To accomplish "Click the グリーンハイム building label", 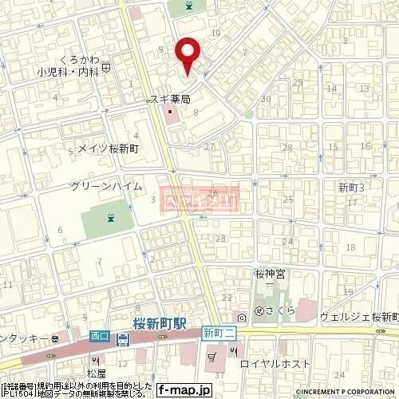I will pos(106,185).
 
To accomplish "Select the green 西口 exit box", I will pos(100,325).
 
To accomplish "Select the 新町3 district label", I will pos(351,188).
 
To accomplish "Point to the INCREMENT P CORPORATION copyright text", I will pos(346,393).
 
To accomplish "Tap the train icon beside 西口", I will pos(122,341).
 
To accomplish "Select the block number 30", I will pos(266,99).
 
